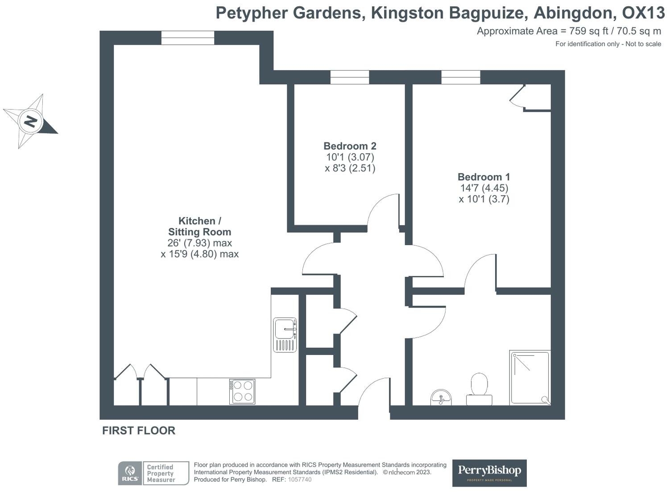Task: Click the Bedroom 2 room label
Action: [x=350, y=146]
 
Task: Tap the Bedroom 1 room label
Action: [x=484, y=177]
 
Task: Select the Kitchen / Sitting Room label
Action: [x=199, y=226]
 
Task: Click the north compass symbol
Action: [x=30, y=121]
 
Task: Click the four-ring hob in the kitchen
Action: [x=242, y=392]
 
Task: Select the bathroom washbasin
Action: [x=441, y=397]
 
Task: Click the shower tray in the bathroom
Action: [x=530, y=377]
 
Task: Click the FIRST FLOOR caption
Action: [x=139, y=430]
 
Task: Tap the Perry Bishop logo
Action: [x=489, y=472]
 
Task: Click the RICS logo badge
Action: [x=130, y=473]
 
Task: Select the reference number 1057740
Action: [x=300, y=479]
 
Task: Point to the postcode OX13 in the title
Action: [x=643, y=13]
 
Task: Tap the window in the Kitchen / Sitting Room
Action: [x=187, y=38]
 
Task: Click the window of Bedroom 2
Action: [x=350, y=77]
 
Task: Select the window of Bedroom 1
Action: [x=461, y=77]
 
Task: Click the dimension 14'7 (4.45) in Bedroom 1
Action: [x=484, y=188]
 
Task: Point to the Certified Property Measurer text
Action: [x=161, y=473]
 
